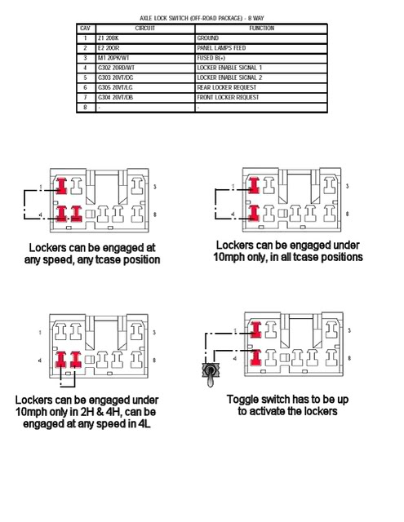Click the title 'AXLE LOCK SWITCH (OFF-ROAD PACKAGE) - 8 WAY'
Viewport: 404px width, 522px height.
202,17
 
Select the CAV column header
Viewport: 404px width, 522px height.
84,28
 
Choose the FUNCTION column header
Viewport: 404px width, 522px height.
261,28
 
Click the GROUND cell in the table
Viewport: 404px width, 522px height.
209,38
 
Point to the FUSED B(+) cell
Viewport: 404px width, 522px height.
211,58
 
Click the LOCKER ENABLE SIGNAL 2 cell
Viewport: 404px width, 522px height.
229,77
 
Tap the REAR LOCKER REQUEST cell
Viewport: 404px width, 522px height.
226,87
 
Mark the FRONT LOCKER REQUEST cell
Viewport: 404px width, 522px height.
228,97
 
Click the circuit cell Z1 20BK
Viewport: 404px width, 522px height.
109,38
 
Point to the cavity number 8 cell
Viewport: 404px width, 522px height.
84,107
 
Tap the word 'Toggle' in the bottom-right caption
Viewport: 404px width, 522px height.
245,400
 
